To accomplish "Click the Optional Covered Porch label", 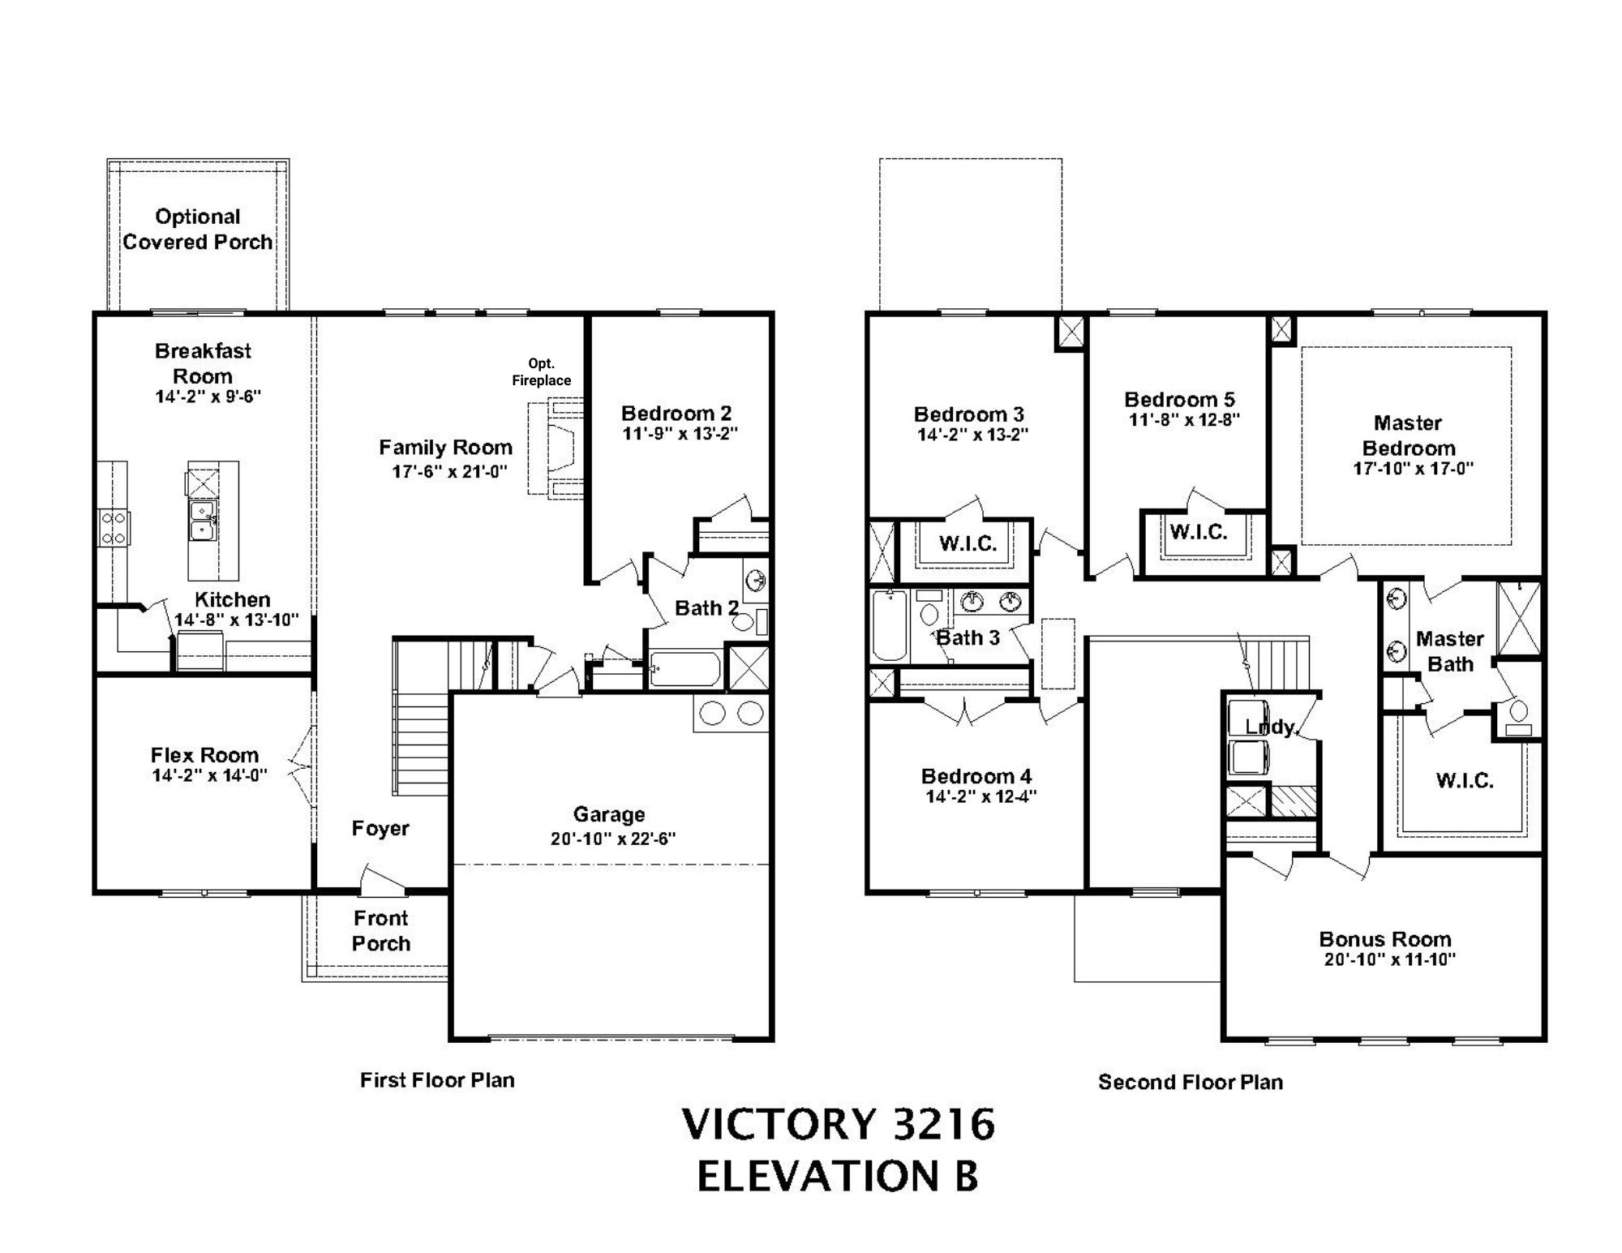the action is coord(197,230).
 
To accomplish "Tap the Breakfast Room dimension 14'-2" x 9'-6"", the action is coord(208,397).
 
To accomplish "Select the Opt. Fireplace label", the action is coord(541,372).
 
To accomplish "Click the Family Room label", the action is coord(445,448).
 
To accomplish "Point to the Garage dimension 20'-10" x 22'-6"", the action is coord(613,839).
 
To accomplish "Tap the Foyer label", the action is coord(380,829).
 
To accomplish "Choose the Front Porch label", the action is coord(380,931).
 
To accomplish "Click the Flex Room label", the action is coord(204,756).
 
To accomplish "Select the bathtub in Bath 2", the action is coord(684,669).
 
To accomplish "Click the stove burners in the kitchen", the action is coord(113,527).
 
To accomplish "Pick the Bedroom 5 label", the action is coord(1179,400).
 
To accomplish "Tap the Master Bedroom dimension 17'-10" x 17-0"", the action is coord(1413,469).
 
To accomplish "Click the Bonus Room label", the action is coord(1385,939).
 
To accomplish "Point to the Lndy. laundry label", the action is coord(1272,727).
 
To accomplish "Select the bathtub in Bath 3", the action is coord(890,624).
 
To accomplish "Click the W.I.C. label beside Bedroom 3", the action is coord(968,544).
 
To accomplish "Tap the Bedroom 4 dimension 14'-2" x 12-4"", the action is coord(981,797).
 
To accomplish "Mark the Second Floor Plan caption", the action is coord(1191,1083).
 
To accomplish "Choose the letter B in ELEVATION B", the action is coord(966,1177).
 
